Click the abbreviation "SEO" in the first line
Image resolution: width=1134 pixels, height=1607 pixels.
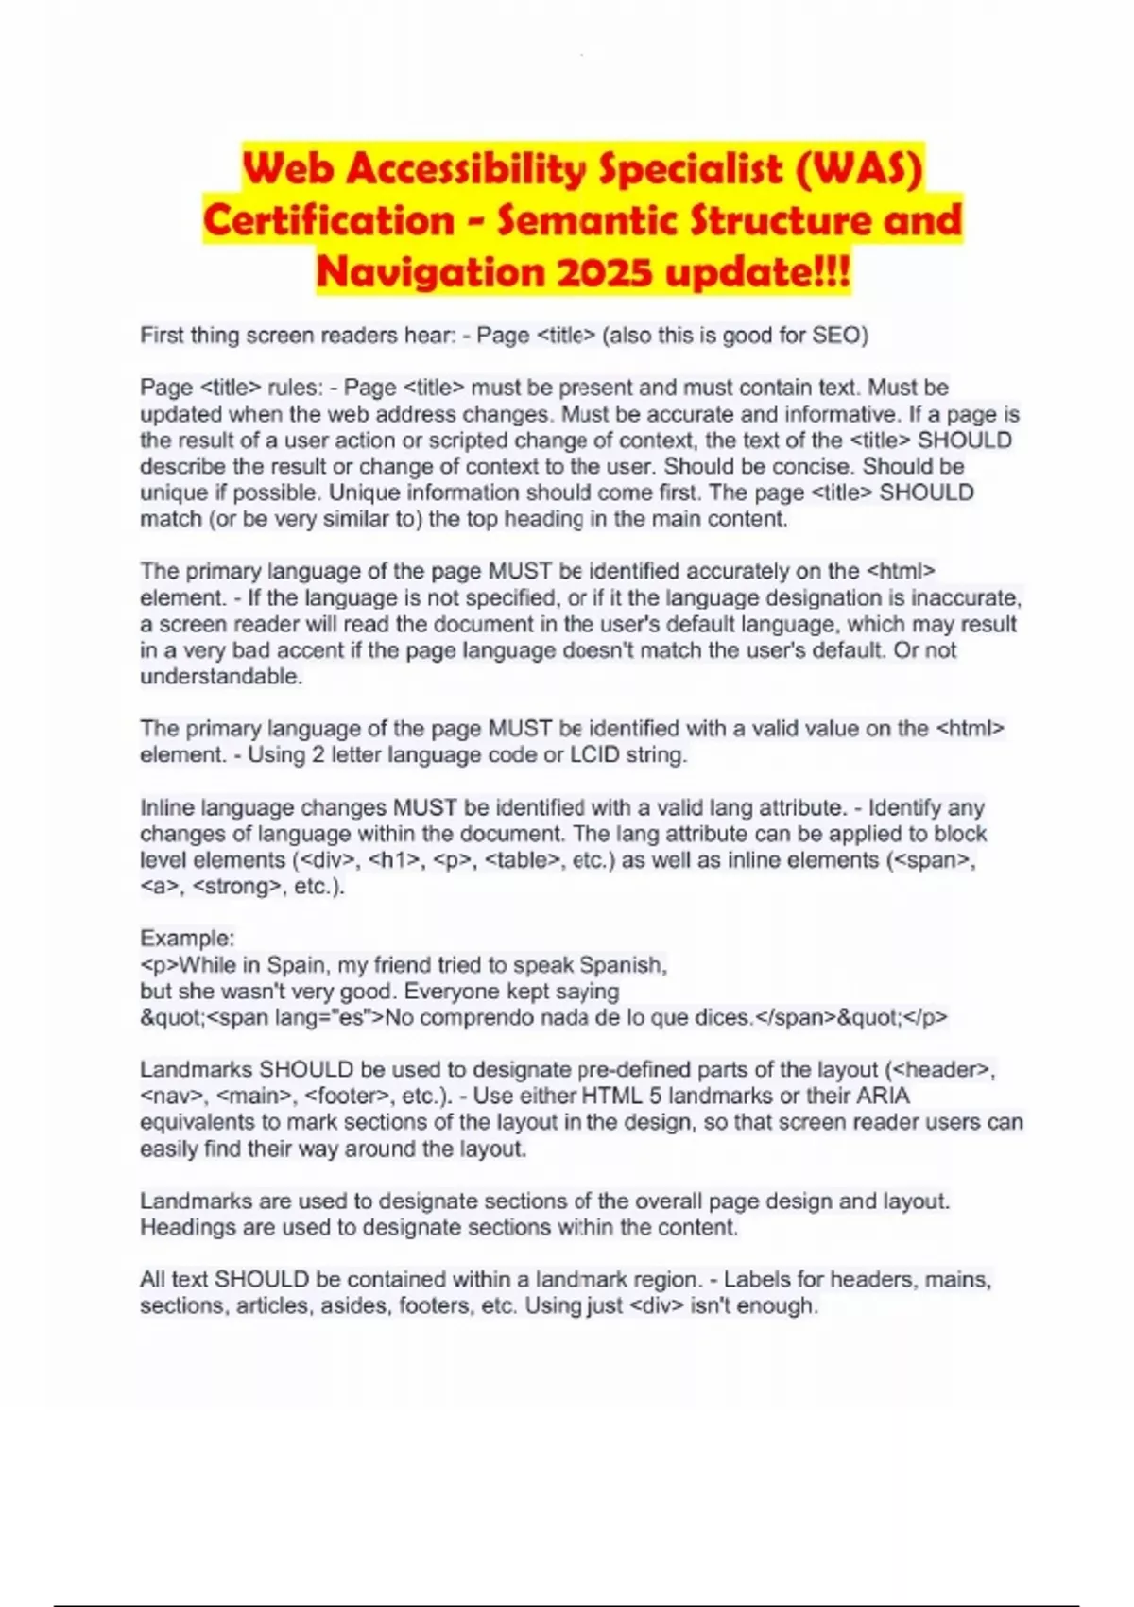tap(835, 336)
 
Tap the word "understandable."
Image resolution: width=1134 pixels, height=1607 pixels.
tap(221, 677)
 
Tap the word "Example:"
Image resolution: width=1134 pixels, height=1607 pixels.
tap(187, 939)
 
